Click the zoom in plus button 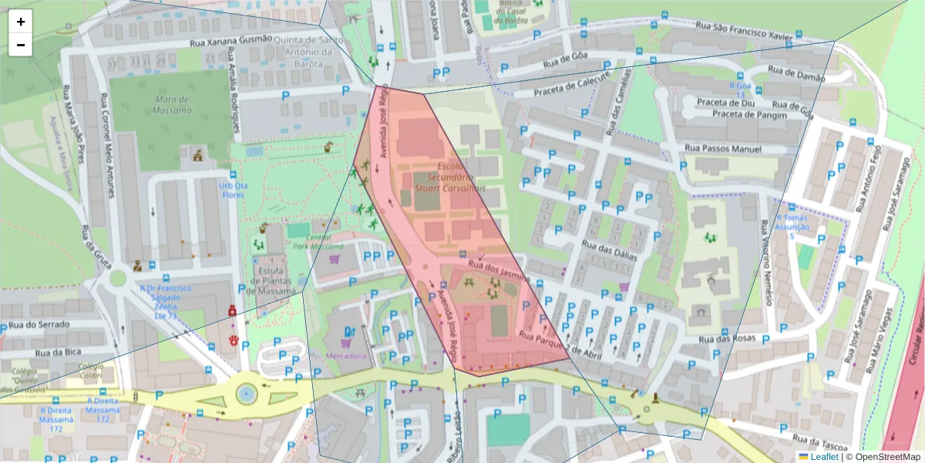pyautogui.click(x=20, y=22)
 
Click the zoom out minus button pyautogui.click(x=20, y=45)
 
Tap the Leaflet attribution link pyautogui.click(x=824, y=457)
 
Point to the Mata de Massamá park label pyautogui.click(x=162, y=105)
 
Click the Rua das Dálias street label pyautogui.click(x=609, y=252)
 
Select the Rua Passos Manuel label pyautogui.click(x=722, y=149)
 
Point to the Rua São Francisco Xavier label pyautogui.click(x=744, y=34)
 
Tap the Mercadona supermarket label pyautogui.click(x=345, y=356)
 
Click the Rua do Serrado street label pyautogui.click(x=36, y=324)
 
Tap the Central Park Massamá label pyautogui.click(x=314, y=242)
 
